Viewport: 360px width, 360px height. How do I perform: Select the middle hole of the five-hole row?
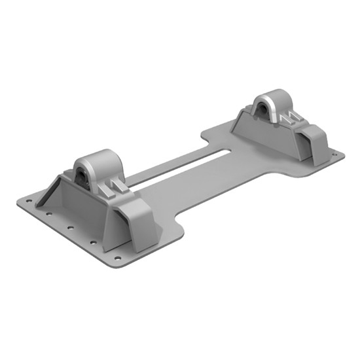coord(69,228)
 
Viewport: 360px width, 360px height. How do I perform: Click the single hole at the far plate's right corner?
coord(334,156)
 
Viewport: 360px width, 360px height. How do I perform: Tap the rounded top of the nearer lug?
coord(95,158)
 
